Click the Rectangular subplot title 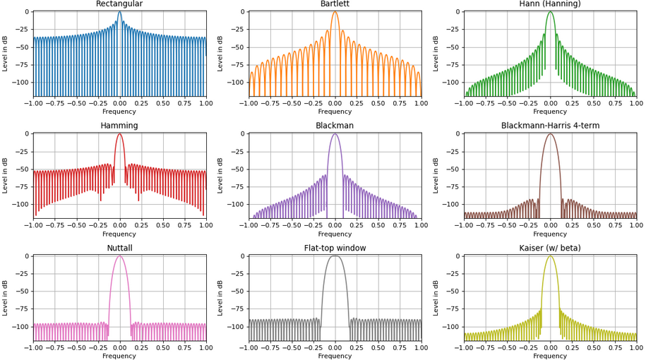click(x=119, y=4)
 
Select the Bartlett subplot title click(x=335, y=4)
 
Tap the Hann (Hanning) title click(x=550, y=4)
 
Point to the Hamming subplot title click(x=119, y=126)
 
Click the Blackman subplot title click(x=335, y=126)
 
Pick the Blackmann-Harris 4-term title click(x=550, y=126)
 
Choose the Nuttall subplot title click(x=119, y=248)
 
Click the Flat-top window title click(x=335, y=248)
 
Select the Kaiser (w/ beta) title click(x=550, y=248)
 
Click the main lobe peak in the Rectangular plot click(x=119, y=12)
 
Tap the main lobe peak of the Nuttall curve click(x=119, y=256)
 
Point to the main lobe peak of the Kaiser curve click(x=550, y=256)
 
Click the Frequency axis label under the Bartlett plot click(x=335, y=112)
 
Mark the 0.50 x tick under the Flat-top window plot click(x=378, y=347)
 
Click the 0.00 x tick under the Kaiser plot click(x=550, y=347)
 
